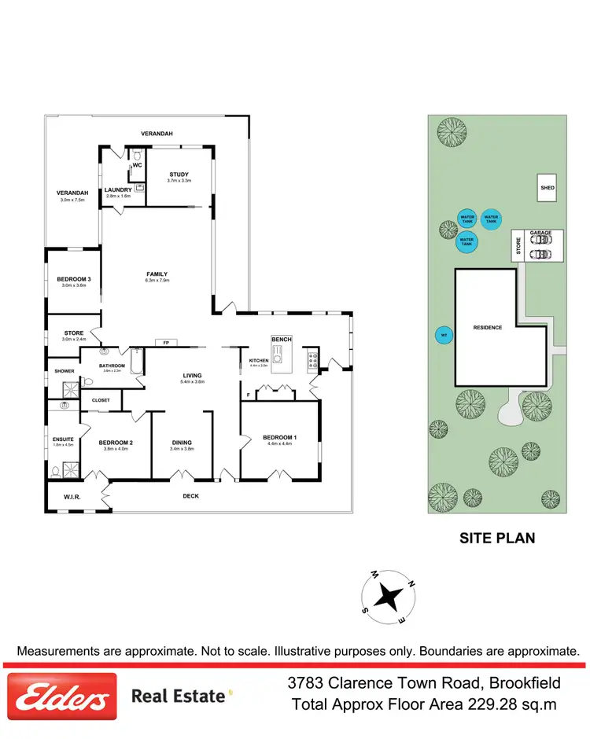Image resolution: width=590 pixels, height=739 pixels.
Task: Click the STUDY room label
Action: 179,175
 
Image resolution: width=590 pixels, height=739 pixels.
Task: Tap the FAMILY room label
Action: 157,274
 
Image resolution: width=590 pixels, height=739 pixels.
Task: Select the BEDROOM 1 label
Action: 279,437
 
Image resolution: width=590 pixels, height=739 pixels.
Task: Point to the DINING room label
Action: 182,443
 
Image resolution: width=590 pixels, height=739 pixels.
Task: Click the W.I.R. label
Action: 73,496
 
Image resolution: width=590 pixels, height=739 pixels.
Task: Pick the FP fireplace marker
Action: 165,343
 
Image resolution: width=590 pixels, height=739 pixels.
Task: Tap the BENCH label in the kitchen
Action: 281,340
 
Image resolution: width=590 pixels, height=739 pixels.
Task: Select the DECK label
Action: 191,496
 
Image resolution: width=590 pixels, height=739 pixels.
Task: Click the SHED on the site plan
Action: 547,188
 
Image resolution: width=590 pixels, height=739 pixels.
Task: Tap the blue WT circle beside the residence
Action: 444,336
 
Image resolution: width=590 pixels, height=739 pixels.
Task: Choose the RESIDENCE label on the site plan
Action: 487,327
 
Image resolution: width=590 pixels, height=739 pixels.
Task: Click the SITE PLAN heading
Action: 496,539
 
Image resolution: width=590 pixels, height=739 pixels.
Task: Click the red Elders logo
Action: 61,696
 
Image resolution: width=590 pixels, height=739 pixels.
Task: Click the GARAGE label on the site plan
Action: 540,233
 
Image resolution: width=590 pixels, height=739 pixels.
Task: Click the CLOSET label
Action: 101,400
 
